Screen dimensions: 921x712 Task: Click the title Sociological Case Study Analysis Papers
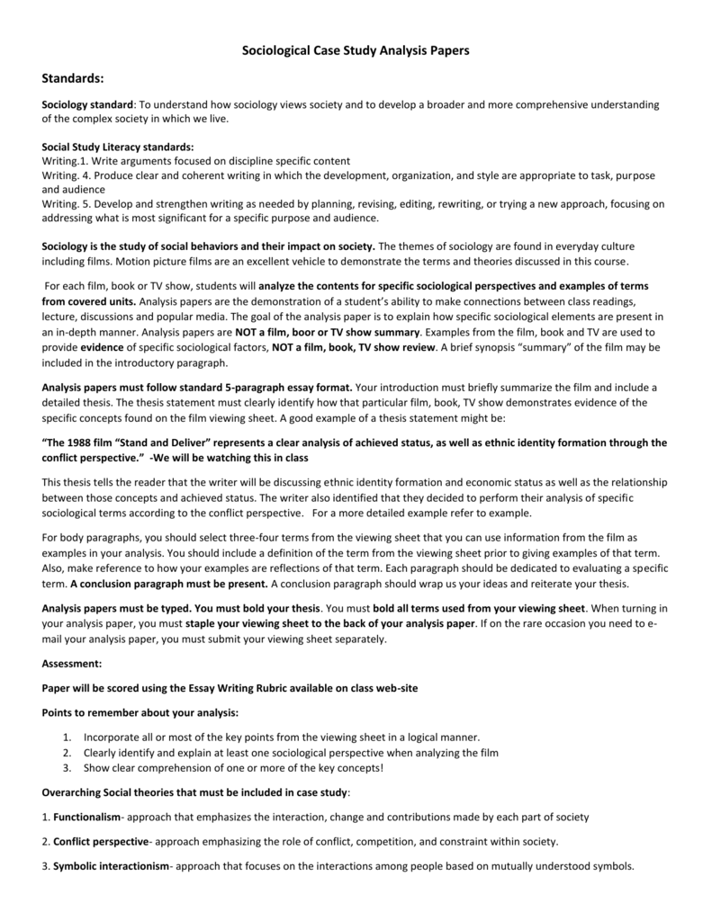356,51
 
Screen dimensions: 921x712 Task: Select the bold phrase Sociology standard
88,105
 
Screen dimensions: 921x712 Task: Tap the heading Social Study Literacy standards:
118,147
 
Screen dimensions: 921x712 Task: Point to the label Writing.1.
67,160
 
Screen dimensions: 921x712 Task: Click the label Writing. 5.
68,204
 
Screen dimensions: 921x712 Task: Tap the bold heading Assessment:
72,663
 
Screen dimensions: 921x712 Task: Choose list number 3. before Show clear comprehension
68,768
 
